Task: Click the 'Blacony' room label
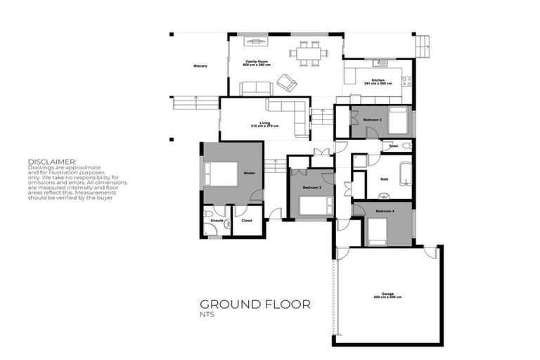click(200, 66)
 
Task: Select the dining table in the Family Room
click(309, 53)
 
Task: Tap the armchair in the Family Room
click(286, 82)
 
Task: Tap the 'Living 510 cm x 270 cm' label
click(265, 124)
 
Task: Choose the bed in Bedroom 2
click(397, 122)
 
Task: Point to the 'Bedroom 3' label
click(312, 188)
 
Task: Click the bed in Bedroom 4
click(377, 232)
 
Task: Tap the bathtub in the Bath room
click(405, 173)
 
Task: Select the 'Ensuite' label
click(217, 221)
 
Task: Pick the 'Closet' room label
click(246, 221)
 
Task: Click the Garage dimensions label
click(387, 297)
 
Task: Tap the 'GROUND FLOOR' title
click(255, 304)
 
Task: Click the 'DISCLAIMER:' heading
click(52, 161)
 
